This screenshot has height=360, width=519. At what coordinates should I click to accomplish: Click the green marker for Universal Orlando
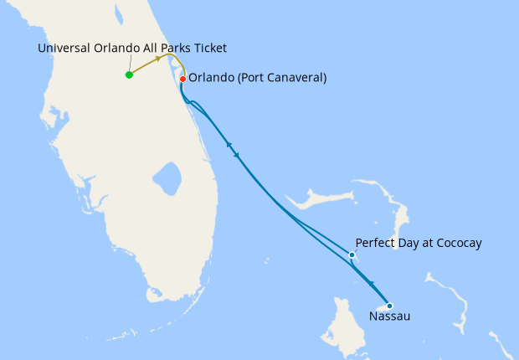129,75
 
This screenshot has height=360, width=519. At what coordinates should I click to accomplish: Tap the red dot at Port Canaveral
182,79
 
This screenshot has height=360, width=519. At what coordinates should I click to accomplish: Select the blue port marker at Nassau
389,305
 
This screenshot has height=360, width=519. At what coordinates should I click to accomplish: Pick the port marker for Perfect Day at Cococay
352,255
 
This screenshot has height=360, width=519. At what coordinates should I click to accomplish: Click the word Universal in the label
65,48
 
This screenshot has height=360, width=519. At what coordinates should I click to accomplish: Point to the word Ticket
208,48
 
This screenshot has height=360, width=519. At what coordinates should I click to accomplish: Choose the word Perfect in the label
377,243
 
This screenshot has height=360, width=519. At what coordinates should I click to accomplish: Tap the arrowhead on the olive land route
159,60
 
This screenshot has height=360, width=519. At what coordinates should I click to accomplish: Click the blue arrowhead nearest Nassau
371,285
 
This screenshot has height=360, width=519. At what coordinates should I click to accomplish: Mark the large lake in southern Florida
167,177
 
